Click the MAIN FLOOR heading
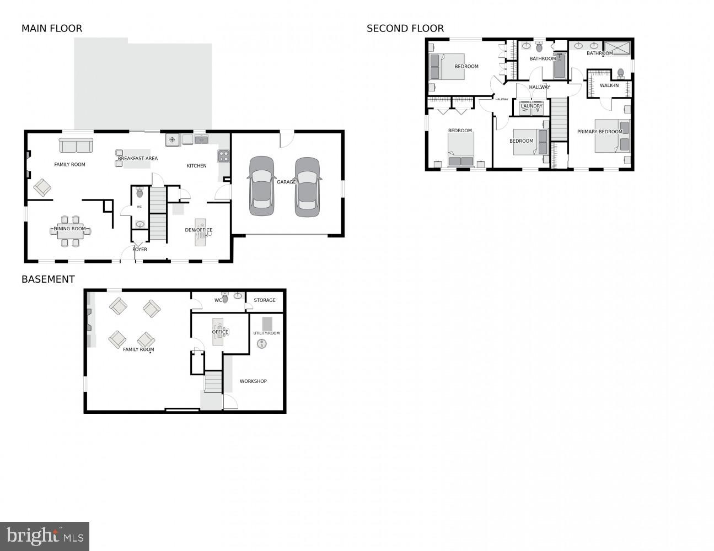tap(52, 29)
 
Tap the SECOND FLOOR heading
tap(405, 29)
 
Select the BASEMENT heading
tap(48, 279)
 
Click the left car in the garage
tap(261, 186)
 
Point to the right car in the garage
tap(307, 187)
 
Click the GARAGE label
tap(286, 182)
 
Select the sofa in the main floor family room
tap(76, 146)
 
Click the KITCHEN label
tap(196, 166)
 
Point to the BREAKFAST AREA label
tap(138, 159)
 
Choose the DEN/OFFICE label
tap(198, 230)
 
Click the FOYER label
tap(139, 250)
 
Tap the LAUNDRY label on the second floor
tap(532, 106)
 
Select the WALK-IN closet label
tap(609, 86)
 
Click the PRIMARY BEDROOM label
tap(599, 132)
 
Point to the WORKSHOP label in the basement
tap(253, 381)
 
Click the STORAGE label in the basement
tap(265, 300)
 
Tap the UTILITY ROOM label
tap(266, 333)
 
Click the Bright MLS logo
tap(45, 536)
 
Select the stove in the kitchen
tap(223, 156)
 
